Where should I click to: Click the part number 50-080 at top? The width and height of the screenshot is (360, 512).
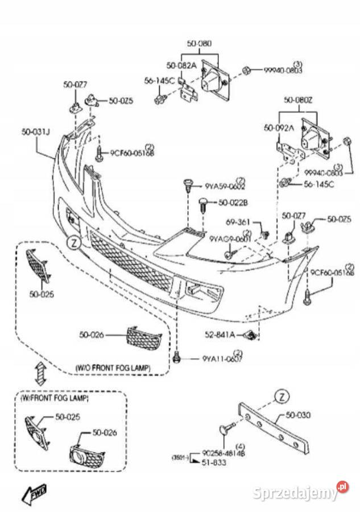click(x=200, y=43)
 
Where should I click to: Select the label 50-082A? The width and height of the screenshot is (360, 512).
click(x=180, y=65)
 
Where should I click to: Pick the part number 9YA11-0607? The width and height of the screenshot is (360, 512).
click(x=222, y=359)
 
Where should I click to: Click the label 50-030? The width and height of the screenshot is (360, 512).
click(x=299, y=415)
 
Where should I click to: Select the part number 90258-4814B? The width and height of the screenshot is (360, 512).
click(x=224, y=453)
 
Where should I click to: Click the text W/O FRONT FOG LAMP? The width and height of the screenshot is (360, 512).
click(x=114, y=368)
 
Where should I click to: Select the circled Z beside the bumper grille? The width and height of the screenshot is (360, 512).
click(x=73, y=242)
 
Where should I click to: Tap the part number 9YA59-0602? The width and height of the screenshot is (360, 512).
click(x=225, y=185)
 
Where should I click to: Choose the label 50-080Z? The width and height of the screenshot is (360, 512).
click(x=299, y=100)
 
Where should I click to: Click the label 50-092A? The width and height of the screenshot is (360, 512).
click(x=279, y=129)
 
